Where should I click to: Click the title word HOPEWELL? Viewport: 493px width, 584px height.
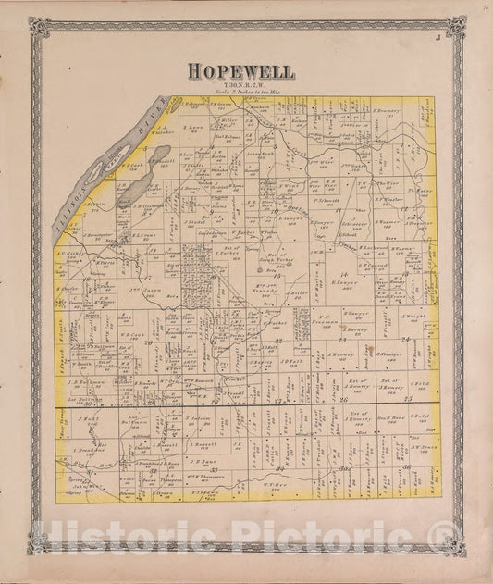tap(242, 70)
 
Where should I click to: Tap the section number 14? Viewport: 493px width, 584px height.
tap(344, 276)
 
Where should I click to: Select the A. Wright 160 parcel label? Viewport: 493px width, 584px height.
tap(413, 318)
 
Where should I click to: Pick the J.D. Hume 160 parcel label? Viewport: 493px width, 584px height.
tap(203, 460)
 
